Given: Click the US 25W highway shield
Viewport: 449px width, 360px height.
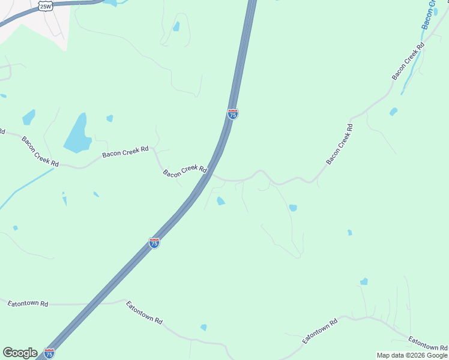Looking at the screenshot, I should point(46,6).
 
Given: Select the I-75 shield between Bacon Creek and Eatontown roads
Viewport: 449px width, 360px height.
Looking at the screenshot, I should point(154,242).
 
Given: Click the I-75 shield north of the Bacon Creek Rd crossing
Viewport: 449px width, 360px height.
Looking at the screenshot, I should point(233,113).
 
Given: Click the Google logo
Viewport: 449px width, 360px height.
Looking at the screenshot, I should point(20,353).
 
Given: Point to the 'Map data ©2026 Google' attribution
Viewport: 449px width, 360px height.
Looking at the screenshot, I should point(412,355).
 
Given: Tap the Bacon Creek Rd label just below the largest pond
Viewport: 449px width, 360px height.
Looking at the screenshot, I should point(125,152).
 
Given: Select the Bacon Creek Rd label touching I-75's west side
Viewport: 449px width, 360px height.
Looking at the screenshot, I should point(185,171).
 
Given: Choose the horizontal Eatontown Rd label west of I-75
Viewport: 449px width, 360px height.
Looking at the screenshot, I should point(28,304).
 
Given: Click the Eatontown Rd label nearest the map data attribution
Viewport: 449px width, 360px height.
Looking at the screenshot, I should point(428,344).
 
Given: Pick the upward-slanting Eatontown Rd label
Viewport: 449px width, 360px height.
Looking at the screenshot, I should point(320,331).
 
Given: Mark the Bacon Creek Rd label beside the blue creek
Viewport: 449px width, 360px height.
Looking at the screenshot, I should point(408,61).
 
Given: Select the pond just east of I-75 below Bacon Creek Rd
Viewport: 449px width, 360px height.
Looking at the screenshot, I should point(220,201).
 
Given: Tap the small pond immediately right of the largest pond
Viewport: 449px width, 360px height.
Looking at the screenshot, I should point(110,118).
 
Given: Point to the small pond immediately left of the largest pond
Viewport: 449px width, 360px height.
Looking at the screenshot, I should point(28,117).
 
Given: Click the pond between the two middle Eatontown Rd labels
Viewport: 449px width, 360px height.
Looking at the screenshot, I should point(203,328).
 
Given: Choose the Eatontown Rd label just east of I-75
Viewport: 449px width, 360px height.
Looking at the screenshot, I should point(144,313).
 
